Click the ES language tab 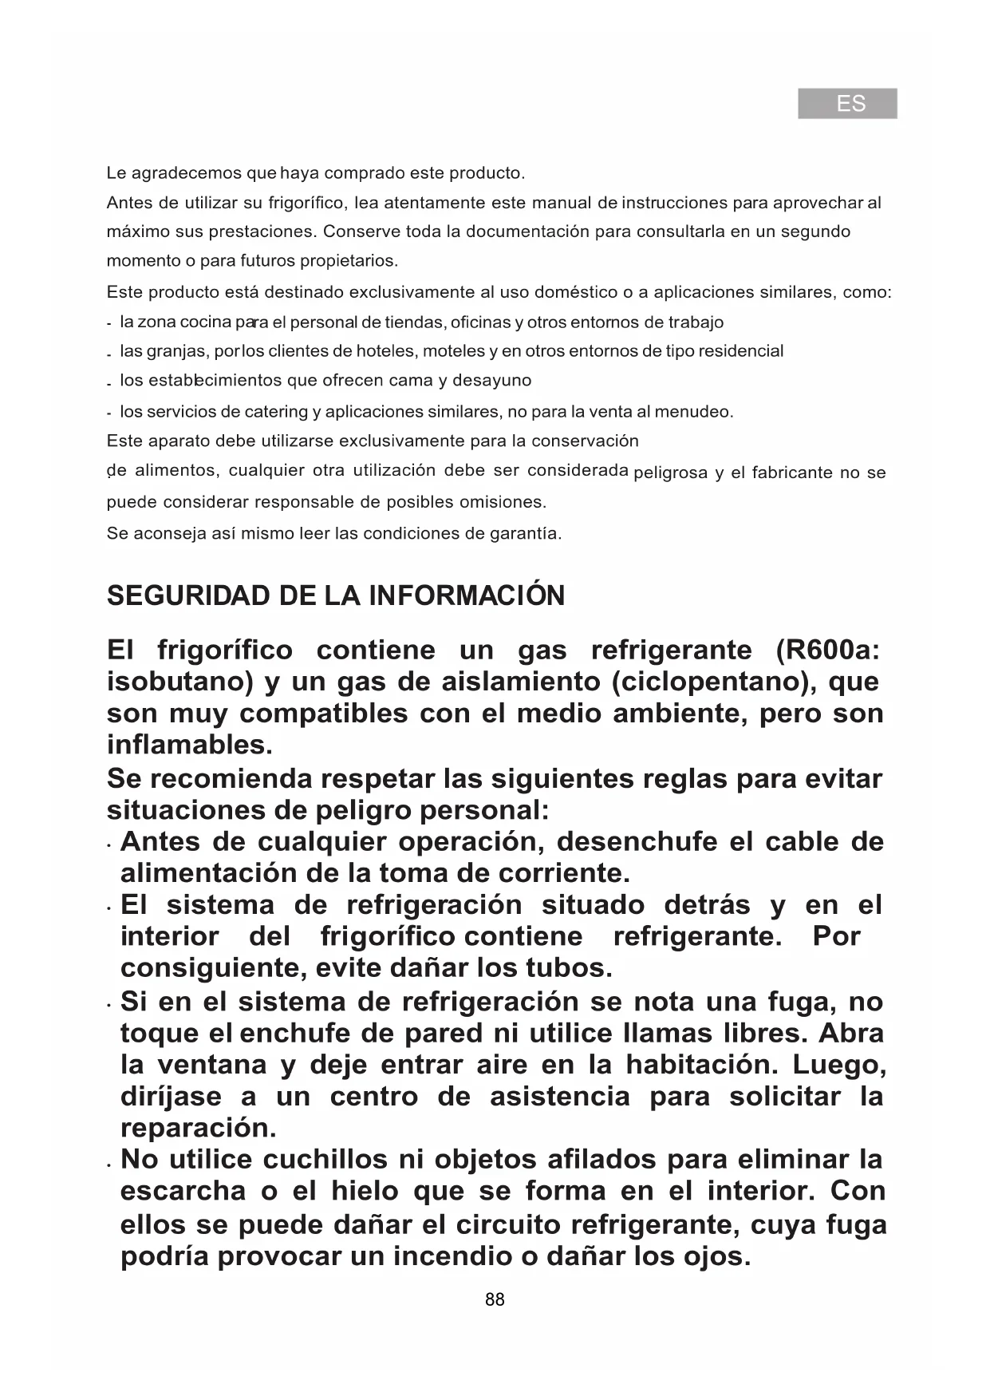tap(847, 104)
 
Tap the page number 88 tap(495, 1299)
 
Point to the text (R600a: tap(828, 651)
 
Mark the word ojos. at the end tap(717, 1256)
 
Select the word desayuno tap(491, 381)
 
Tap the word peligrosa tap(670, 473)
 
